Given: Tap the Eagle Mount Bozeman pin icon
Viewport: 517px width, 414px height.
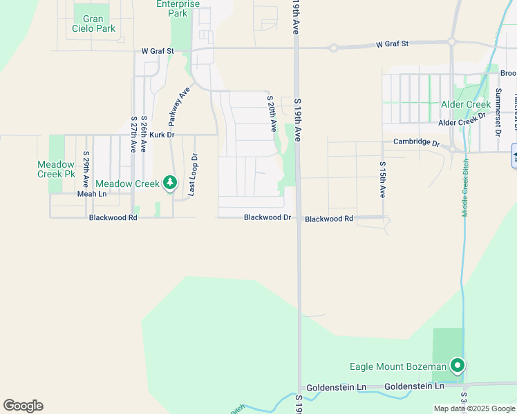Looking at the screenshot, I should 456,365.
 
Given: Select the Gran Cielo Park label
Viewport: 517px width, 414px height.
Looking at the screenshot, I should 93,23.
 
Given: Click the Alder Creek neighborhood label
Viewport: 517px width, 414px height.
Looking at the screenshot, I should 466,105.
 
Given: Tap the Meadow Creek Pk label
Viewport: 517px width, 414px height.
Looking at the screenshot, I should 56,169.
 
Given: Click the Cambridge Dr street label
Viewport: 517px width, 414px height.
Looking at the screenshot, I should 416,142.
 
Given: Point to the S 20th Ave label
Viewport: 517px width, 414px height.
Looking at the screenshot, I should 272,114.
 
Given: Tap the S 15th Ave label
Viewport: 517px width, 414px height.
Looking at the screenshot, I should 382,179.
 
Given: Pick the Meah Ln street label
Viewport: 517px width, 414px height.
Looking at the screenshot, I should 91,194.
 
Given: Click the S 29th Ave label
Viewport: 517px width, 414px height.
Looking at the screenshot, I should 86,170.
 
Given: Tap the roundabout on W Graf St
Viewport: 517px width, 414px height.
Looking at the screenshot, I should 333,48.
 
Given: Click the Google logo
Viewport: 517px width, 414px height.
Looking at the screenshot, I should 23,406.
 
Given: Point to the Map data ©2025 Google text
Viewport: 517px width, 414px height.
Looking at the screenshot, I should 473,408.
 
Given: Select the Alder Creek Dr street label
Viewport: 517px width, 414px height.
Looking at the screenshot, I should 467,122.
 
